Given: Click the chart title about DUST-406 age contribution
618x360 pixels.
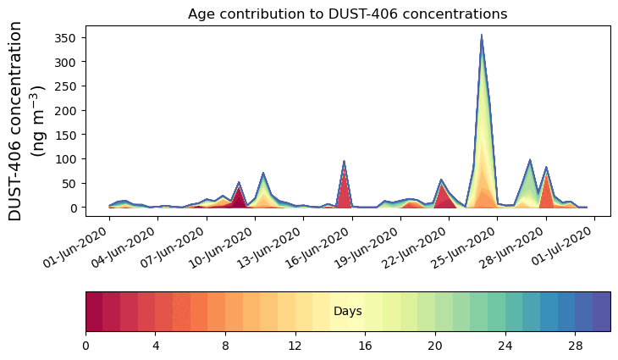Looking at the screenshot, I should point(347,14).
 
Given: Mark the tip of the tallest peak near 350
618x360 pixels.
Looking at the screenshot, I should point(482,36).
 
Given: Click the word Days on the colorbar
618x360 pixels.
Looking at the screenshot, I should point(348,312).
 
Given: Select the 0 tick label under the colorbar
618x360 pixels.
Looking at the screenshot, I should point(86,346).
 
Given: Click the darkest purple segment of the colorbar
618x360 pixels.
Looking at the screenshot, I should point(601,312).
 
